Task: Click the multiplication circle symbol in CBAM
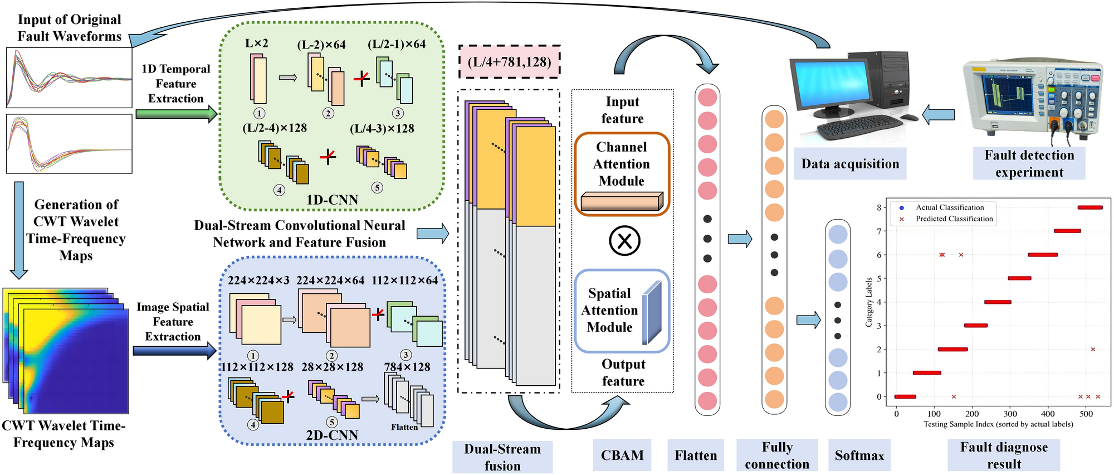[624, 241]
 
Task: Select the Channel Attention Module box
[622, 173]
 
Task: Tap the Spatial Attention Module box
[622, 311]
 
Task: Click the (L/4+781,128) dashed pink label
[509, 61]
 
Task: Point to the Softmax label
[859, 455]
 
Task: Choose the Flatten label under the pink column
[696, 455]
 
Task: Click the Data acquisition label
[850, 163]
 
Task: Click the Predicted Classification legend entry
[954, 219]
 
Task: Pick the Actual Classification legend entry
[949, 207]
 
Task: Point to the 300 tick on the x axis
[1010, 414]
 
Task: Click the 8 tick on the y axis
[879, 207]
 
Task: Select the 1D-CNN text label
[332, 200]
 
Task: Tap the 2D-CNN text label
[332, 435]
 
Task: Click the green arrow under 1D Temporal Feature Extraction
[176, 114]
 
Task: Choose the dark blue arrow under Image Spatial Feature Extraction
[174, 351]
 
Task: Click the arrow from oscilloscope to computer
[939, 115]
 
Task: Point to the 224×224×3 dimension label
[258, 280]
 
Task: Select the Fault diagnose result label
[1004, 455]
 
